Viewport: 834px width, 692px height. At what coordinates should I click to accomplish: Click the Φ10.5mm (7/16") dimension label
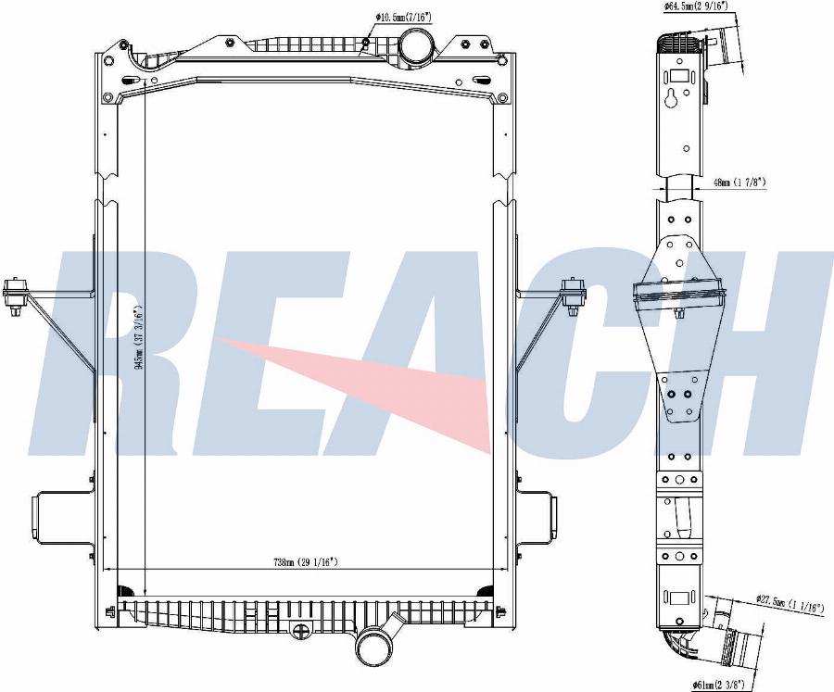coord(404,17)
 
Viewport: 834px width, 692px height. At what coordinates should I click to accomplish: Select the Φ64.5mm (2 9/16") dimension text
coord(695,6)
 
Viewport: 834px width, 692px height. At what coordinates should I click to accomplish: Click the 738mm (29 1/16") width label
coord(305,561)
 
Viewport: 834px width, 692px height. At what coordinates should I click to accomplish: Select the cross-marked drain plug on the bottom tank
coord(301,632)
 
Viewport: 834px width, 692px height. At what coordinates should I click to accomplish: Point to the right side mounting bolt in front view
coord(574,295)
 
